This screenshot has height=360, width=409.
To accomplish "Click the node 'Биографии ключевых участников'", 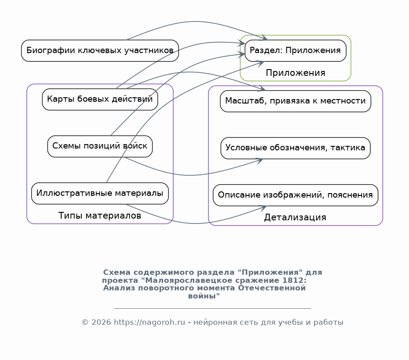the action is coord(100,50).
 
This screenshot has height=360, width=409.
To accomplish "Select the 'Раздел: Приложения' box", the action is coord(296,50).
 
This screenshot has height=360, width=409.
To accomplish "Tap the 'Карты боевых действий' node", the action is coord(100,99).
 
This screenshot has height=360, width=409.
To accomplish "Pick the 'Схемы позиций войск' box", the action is coord(100,146).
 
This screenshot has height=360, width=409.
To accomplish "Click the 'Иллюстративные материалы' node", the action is coord(100,194).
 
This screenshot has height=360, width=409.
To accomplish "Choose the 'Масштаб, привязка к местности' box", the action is coord(296,101).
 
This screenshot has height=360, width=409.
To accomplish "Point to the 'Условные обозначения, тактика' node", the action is coord(296,148).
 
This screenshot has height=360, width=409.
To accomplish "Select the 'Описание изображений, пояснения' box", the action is coord(296,195).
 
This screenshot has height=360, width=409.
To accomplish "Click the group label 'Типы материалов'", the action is coord(100,215).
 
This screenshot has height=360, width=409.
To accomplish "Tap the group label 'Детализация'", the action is coord(295,217).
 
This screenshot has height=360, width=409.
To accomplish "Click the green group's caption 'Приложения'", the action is coord(296,73).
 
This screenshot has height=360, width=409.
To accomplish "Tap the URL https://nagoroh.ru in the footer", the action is coord(150,323).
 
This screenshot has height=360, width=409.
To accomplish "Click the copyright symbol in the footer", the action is coord(85,323).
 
